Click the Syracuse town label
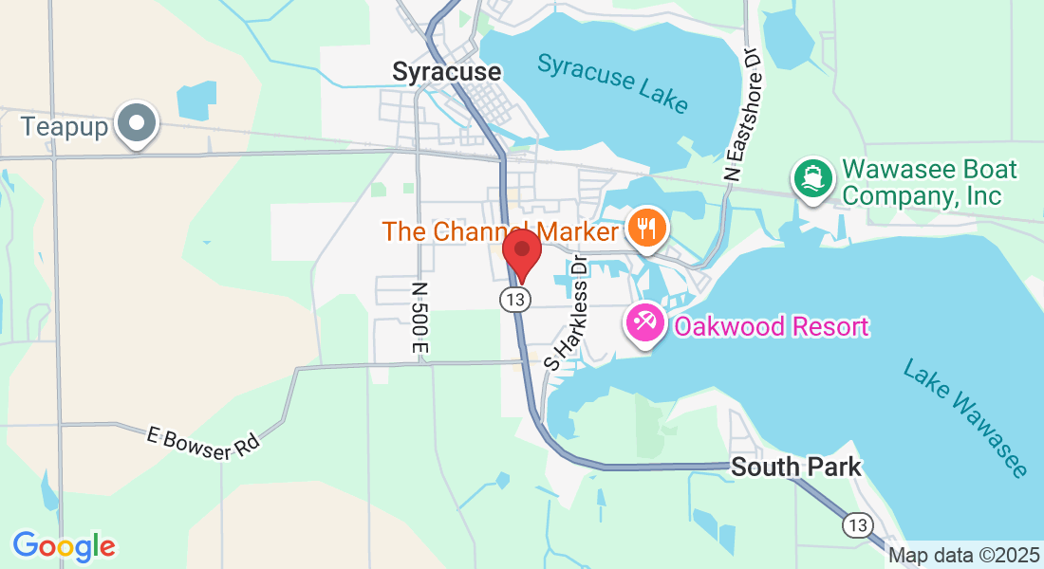[x=446, y=72]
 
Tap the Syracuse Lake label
[x=613, y=82]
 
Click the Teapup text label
[x=64, y=126]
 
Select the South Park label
[x=796, y=467]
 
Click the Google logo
[x=64, y=546]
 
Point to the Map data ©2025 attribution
[x=964, y=556]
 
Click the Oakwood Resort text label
[x=771, y=327]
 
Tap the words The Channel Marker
[x=501, y=231]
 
